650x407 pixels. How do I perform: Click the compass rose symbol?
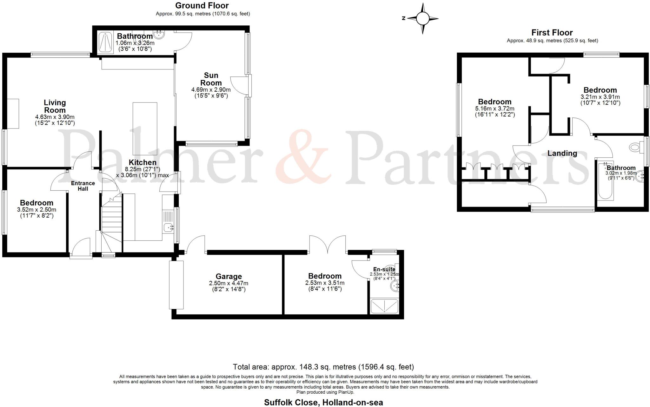[422, 19]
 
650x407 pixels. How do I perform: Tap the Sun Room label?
[211, 79]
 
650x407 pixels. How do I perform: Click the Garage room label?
[229, 276]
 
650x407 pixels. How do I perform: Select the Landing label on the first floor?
[562, 154]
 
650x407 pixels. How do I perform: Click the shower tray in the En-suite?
[384, 306]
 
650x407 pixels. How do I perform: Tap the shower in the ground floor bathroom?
[105, 42]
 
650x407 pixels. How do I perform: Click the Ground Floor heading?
[202, 5]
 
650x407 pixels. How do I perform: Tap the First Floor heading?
[552, 32]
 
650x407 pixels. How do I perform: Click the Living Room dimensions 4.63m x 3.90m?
[55, 117]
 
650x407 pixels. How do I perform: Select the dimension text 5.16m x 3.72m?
[494, 109]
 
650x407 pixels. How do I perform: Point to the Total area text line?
[323, 367]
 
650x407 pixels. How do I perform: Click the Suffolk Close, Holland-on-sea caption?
[323, 403]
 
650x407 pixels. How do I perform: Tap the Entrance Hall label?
[83, 186]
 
